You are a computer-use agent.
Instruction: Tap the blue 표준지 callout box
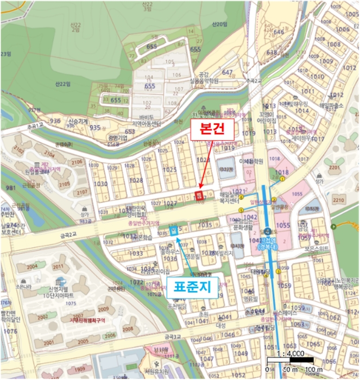pos(195,286)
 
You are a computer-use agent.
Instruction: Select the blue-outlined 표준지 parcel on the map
pos(174,230)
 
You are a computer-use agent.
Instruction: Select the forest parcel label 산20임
pos(220,24)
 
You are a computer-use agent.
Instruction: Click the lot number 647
pos(227,72)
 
